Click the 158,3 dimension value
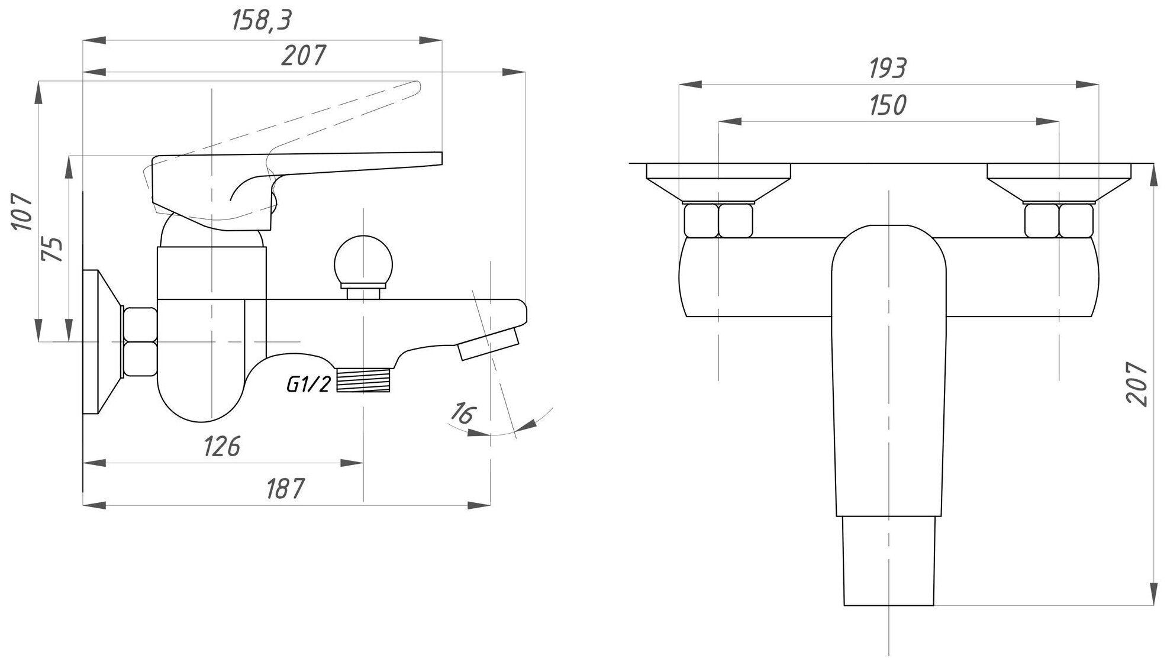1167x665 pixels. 262,22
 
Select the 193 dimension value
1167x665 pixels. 888,69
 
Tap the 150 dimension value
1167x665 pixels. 888,105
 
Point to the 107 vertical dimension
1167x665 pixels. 22,211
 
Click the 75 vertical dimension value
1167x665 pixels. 53,248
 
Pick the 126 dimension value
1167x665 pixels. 222,446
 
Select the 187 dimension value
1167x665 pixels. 285,489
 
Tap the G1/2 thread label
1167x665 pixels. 308,385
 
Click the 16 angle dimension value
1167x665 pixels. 462,412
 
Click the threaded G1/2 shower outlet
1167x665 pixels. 364,379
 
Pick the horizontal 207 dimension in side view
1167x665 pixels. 303,56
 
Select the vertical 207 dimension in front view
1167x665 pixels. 1136,385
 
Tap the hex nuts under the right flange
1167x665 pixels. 1059,220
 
